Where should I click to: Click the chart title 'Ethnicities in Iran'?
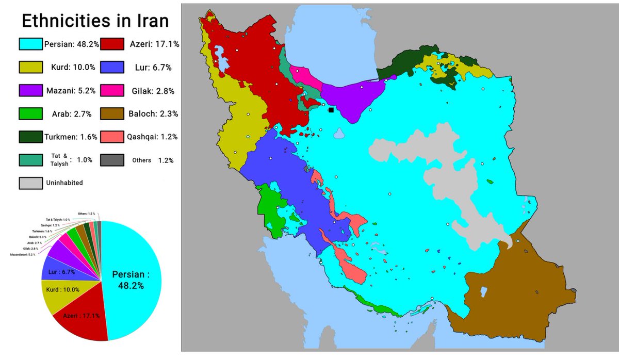pos(94,21)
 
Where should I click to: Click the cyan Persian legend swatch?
pos(30,44)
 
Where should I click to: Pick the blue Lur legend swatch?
pos(112,68)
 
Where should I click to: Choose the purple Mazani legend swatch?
pos(30,91)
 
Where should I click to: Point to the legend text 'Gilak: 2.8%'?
pos(151,91)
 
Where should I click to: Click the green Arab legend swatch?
pos(30,114)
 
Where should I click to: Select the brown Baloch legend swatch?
pos(112,114)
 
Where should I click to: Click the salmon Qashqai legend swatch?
pos(112,137)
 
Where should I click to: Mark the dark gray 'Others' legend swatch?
pos(112,160)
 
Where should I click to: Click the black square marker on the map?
pos(331,110)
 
